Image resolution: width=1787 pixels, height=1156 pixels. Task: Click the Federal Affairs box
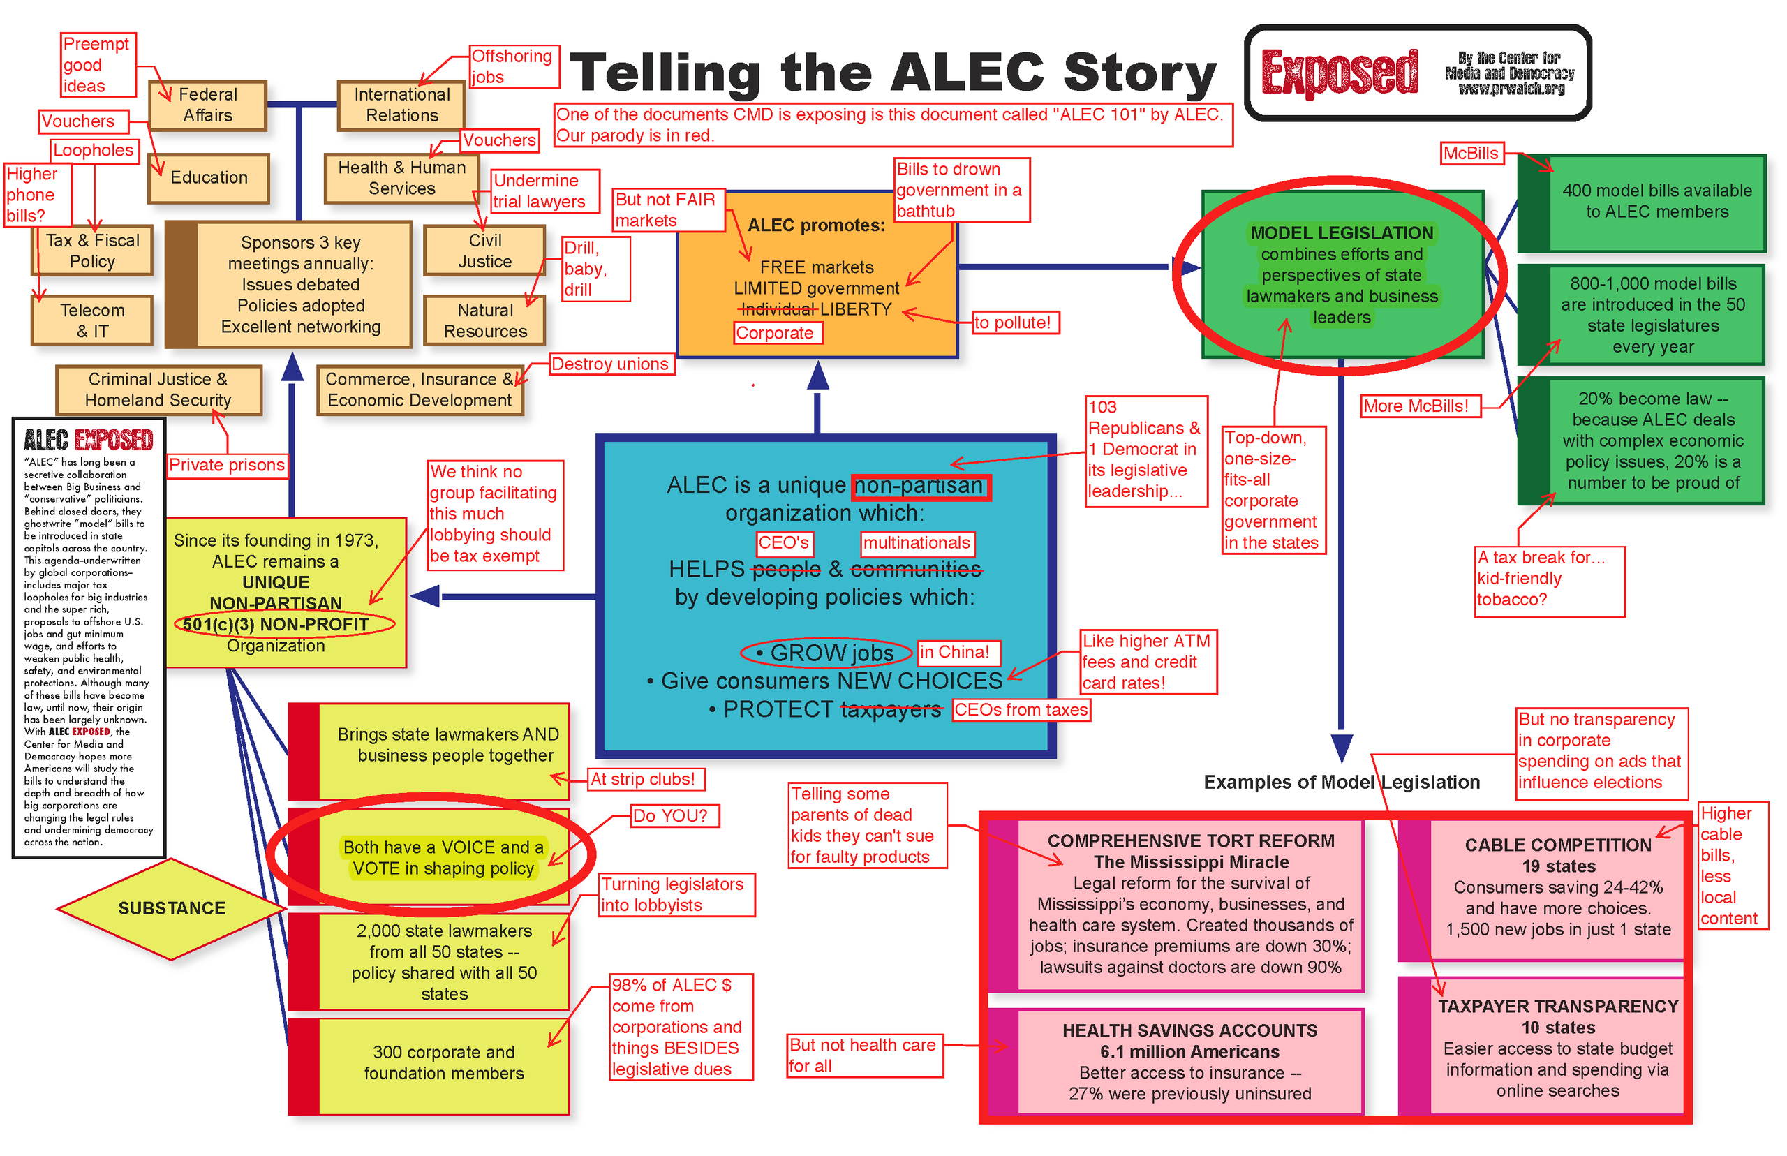(x=207, y=105)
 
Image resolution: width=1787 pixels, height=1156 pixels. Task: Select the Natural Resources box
(x=485, y=320)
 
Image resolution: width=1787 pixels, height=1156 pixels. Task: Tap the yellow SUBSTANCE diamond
(x=171, y=908)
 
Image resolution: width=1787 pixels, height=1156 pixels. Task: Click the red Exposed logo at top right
(x=1339, y=73)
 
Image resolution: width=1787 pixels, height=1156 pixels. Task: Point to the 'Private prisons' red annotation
(x=227, y=466)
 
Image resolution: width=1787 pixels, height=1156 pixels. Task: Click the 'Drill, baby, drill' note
(x=596, y=269)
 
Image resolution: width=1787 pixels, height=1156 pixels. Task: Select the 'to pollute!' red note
(x=1015, y=323)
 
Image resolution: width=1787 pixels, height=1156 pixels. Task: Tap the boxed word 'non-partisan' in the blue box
(x=921, y=487)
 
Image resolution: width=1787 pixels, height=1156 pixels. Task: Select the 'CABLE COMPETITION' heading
(x=1557, y=845)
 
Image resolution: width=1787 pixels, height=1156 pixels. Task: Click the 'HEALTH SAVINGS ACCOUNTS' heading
(x=1189, y=1030)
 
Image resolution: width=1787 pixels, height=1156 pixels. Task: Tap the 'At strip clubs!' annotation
(x=646, y=779)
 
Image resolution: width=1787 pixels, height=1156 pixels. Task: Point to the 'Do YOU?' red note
(x=675, y=816)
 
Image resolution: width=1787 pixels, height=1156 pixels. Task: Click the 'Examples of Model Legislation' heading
(x=1341, y=782)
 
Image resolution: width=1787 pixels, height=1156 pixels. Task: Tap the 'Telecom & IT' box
(x=91, y=320)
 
